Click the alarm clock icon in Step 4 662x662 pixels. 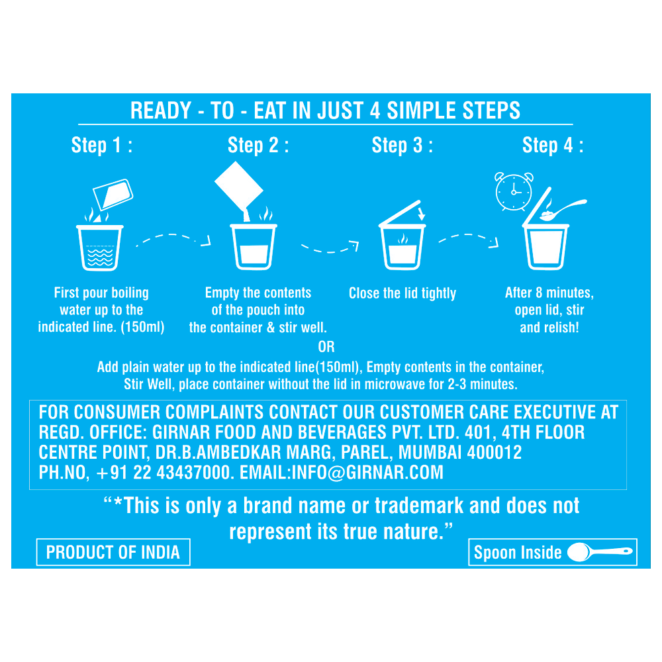pos(514,191)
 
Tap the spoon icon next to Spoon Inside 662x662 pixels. pos(600,552)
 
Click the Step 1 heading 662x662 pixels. pos(102,145)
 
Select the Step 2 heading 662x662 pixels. pos(258,145)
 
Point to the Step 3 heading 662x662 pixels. pos(402,145)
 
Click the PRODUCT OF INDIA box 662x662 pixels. pos(113,552)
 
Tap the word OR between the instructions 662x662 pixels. pos(326,347)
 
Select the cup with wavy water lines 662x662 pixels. pos(100,248)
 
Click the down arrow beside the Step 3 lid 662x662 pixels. pos(421,213)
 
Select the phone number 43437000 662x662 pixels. pos(194,473)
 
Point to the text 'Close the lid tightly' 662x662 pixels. pos(402,293)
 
